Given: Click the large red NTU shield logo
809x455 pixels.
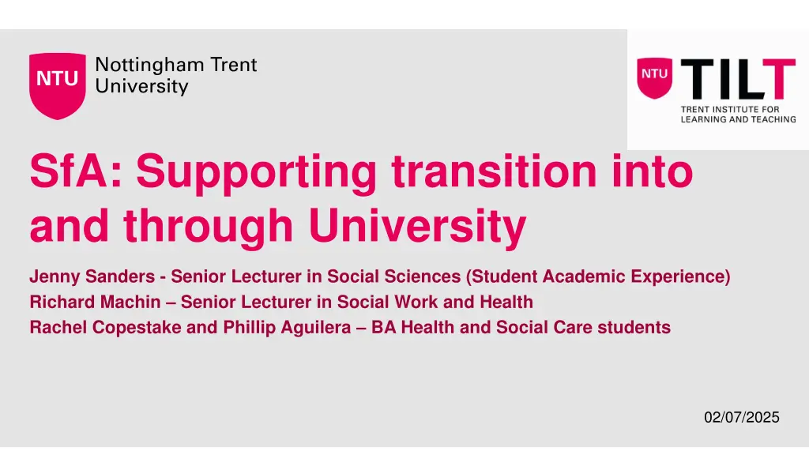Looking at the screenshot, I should pyautogui.click(x=57, y=85).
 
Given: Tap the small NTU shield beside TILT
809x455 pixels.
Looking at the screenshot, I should pyautogui.click(x=655, y=77).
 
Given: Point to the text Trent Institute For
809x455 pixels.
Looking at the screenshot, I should pyautogui.click(x=730, y=109).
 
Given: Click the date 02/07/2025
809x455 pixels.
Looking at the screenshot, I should pyautogui.click(x=741, y=417).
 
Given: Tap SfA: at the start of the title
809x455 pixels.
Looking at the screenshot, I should pyautogui.click(x=75, y=171).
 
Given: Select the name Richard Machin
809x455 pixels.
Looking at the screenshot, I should pyautogui.click(x=94, y=302).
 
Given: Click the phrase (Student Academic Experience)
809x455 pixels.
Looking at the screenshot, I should pyautogui.click(x=598, y=276).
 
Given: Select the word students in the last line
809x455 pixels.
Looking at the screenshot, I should pyautogui.click(x=637, y=327).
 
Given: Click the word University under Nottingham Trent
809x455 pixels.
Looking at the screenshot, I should pyautogui.click(x=141, y=86).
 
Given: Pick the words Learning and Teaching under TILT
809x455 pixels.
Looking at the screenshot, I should pyautogui.click(x=738, y=119).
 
